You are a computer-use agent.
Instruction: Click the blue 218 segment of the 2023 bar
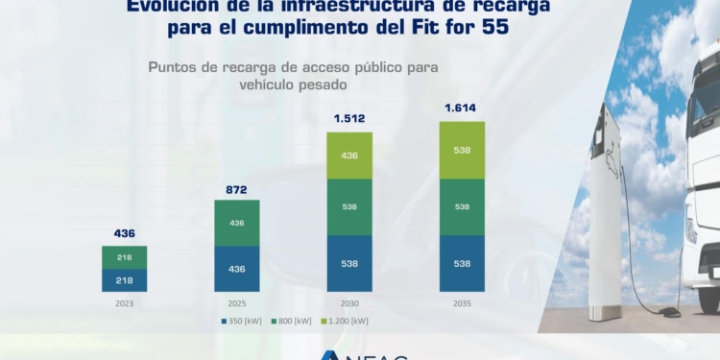125,279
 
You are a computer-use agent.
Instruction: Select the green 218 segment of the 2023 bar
125,257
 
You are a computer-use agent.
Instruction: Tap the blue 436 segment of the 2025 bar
237,268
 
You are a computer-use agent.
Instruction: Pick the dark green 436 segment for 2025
237,223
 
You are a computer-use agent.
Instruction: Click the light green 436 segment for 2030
349,155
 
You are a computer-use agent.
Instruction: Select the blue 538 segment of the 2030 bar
349,263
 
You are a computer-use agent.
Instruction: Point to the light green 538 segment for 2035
462,150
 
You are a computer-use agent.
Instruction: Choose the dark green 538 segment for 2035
462,206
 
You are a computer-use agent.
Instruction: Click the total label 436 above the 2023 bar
125,233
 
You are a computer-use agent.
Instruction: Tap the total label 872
237,188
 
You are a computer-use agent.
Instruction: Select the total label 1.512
349,119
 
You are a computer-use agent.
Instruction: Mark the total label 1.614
462,108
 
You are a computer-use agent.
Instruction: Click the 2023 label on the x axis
125,303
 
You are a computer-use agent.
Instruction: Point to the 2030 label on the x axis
349,303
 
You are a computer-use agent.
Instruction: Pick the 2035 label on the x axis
462,303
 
